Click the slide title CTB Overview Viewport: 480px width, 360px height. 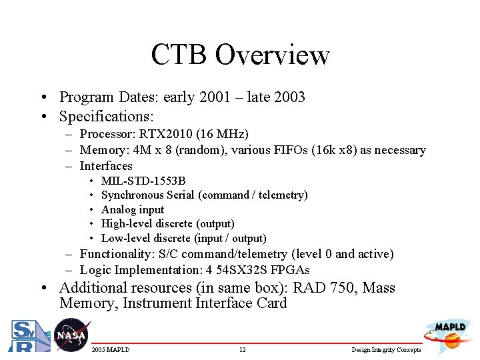coord(240,55)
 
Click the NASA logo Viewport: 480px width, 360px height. coord(71,335)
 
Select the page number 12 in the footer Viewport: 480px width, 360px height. coord(243,350)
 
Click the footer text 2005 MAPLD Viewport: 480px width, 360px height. coord(111,350)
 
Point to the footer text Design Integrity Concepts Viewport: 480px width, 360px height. coord(387,350)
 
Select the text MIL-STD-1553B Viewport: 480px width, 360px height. coord(143,181)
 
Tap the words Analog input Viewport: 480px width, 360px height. coord(132,209)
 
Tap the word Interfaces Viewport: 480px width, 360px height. coord(106,166)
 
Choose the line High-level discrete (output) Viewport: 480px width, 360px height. coord(167,223)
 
